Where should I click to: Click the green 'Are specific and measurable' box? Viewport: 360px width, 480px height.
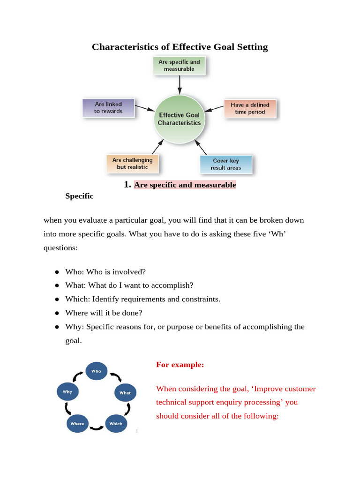(x=179, y=66)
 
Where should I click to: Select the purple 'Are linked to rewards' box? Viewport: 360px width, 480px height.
(x=108, y=108)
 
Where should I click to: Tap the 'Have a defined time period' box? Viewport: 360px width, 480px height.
(x=250, y=109)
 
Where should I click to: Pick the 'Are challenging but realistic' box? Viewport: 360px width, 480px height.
(x=133, y=164)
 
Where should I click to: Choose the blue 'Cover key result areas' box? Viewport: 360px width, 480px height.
(x=226, y=165)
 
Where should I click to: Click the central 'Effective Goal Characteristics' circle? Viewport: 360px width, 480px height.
(x=179, y=119)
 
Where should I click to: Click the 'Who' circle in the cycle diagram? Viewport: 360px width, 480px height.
(x=96, y=371)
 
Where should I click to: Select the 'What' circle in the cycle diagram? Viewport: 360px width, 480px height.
(x=125, y=393)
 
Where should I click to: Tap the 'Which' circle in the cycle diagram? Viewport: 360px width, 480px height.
(x=115, y=424)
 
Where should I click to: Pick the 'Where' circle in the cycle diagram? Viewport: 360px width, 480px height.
(x=77, y=424)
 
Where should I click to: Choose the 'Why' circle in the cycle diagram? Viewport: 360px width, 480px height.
(x=67, y=392)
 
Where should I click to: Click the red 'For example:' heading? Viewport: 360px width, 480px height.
(x=180, y=365)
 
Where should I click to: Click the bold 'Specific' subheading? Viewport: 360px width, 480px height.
(x=79, y=196)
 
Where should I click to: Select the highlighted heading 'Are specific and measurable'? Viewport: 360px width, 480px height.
(x=185, y=185)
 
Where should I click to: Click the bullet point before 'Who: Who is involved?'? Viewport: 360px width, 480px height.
(x=56, y=272)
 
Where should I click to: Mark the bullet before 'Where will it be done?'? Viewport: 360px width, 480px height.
(x=56, y=313)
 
